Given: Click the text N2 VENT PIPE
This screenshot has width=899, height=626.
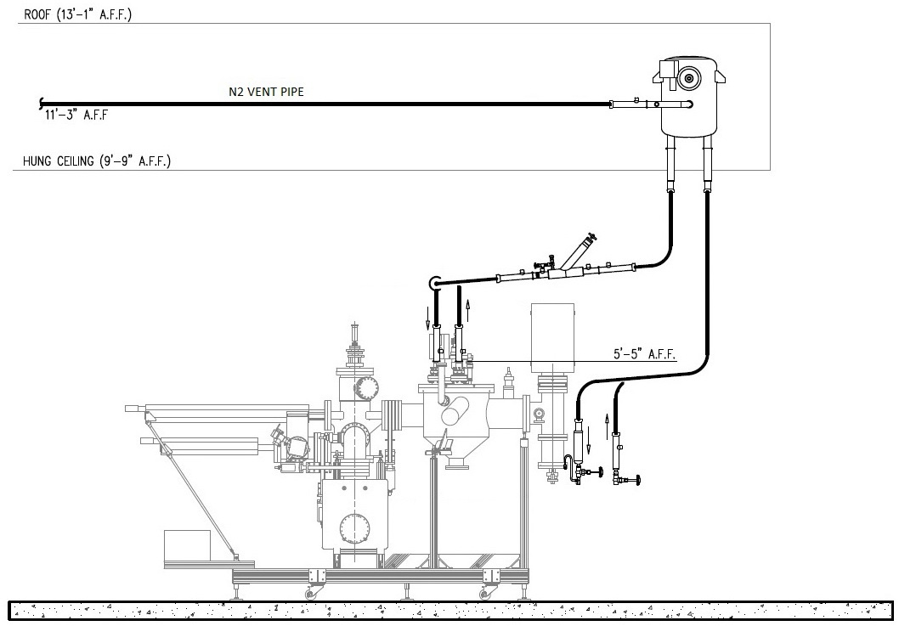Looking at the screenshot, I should coord(266,93).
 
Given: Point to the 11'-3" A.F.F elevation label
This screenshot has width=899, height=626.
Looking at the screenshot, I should coord(76,116).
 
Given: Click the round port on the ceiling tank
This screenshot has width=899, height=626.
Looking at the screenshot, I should coord(687,79).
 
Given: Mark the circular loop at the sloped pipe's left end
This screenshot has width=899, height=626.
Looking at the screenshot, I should coord(436,283).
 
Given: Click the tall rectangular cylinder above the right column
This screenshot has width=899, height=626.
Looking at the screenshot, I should coord(553,337).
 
